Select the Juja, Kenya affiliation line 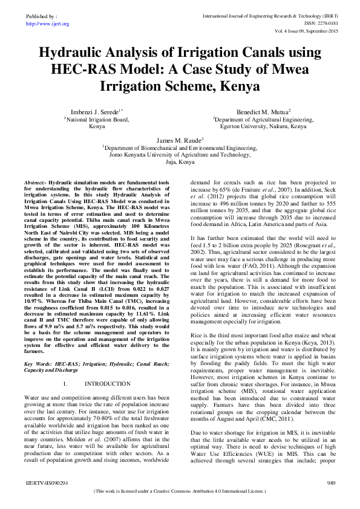coord(180,163)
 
